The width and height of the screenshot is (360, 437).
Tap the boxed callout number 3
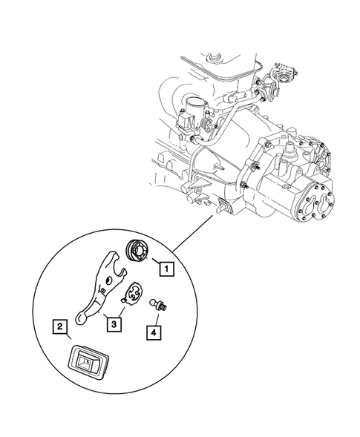click(112, 322)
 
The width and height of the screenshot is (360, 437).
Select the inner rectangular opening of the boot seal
click(87, 362)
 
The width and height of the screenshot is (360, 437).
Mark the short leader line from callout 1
click(156, 262)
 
